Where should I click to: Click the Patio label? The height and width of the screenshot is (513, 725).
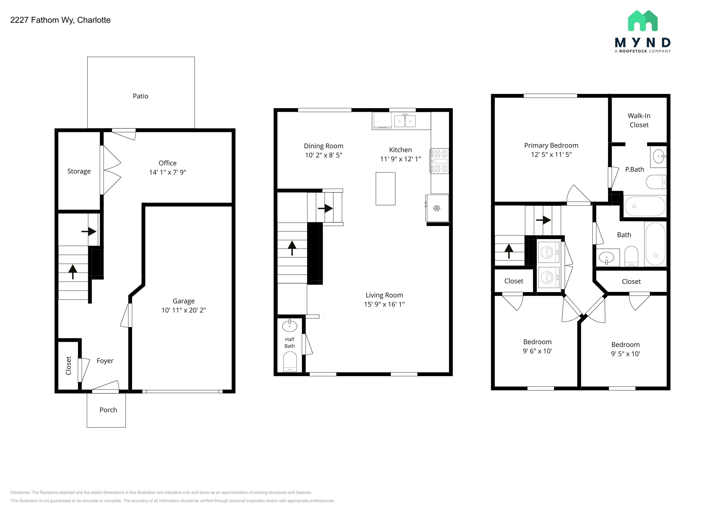click(141, 96)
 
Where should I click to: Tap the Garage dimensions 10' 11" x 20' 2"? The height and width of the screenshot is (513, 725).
click(184, 310)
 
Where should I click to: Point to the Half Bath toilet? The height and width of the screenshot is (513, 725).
click(290, 362)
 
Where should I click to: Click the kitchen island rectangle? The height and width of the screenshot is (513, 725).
click(385, 189)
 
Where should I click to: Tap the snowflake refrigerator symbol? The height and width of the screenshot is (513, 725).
click(437, 208)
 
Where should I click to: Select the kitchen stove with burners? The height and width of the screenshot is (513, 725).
click(439, 161)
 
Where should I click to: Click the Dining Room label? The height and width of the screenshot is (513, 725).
click(324, 146)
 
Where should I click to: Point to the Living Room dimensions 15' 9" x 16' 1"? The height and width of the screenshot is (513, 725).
click(384, 304)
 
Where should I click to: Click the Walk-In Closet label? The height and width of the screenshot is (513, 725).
click(639, 120)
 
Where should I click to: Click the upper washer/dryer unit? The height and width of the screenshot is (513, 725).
click(549, 252)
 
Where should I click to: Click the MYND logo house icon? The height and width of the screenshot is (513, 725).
click(643, 21)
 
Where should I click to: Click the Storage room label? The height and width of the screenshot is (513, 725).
click(79, 171)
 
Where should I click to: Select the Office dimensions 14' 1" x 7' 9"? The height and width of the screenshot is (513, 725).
click(168, 172)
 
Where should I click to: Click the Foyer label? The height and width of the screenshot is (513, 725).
click(105, 361)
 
